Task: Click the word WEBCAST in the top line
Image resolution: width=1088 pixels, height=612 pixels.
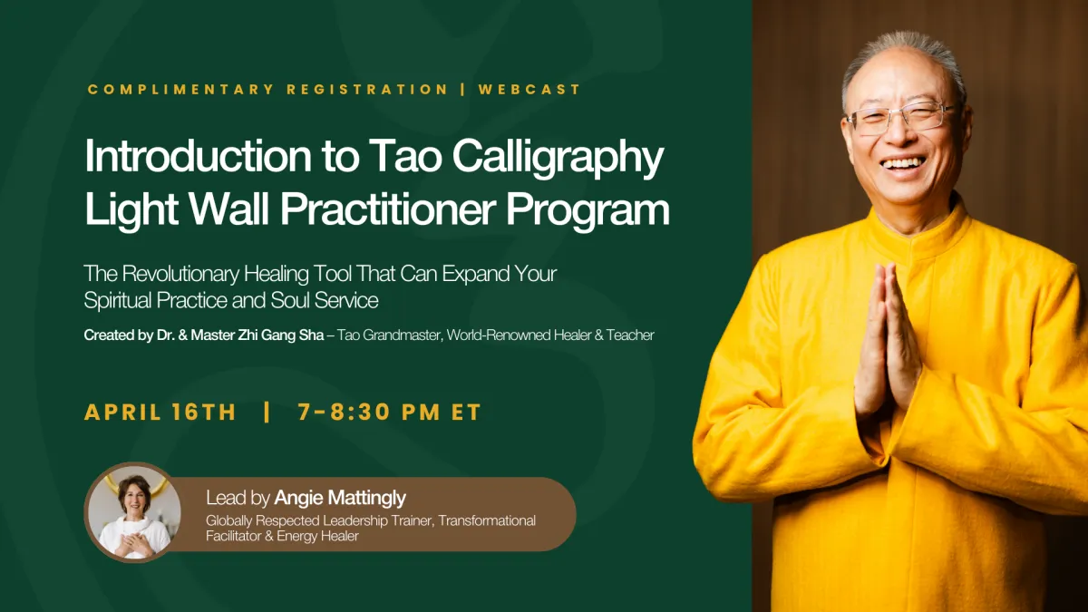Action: tap(529, 90)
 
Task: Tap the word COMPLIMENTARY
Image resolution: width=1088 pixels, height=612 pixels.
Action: tap(180, 90)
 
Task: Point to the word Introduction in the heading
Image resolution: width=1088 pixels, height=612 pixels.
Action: tap(198, 156)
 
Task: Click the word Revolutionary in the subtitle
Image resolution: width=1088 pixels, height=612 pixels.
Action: tap(180, 274)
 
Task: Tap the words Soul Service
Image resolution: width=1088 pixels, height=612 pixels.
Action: tap(325, 300)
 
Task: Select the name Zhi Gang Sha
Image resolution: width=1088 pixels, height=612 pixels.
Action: tap(281, 335)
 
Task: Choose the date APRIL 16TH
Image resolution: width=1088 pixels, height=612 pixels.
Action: tap(160, 413)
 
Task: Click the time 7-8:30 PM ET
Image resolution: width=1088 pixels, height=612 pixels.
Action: tap(390, 413)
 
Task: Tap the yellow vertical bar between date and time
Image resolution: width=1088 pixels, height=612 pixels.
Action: tap(267, 413)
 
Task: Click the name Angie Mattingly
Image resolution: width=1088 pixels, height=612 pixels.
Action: tap(340, 498)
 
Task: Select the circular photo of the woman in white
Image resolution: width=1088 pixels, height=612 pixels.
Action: tap(134, 512)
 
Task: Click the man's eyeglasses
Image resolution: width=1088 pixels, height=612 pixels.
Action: tap(901, 118)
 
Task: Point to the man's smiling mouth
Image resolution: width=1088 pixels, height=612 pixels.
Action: tap(903, 165)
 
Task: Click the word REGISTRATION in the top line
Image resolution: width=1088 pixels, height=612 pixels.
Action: tap(367, 90)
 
